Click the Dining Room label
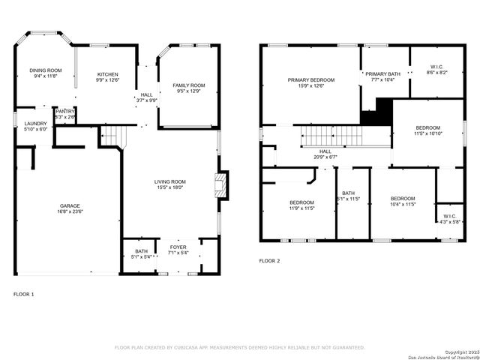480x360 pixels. (46, 70)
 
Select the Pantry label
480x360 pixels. (65, 111)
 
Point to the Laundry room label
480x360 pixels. (35, 124)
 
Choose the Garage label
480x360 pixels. (70, 205)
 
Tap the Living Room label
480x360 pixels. (170, 181)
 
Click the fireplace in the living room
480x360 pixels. (220, 185)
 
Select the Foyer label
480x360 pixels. (178, 247)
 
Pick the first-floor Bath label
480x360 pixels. (142, 252)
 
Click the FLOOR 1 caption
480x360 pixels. (24, 294)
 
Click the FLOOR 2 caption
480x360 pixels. (269, 261)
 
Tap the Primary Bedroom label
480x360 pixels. (311, 79)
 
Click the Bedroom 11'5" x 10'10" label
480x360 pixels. (428, 127)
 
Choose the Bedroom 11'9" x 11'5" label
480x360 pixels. (301, 202)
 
